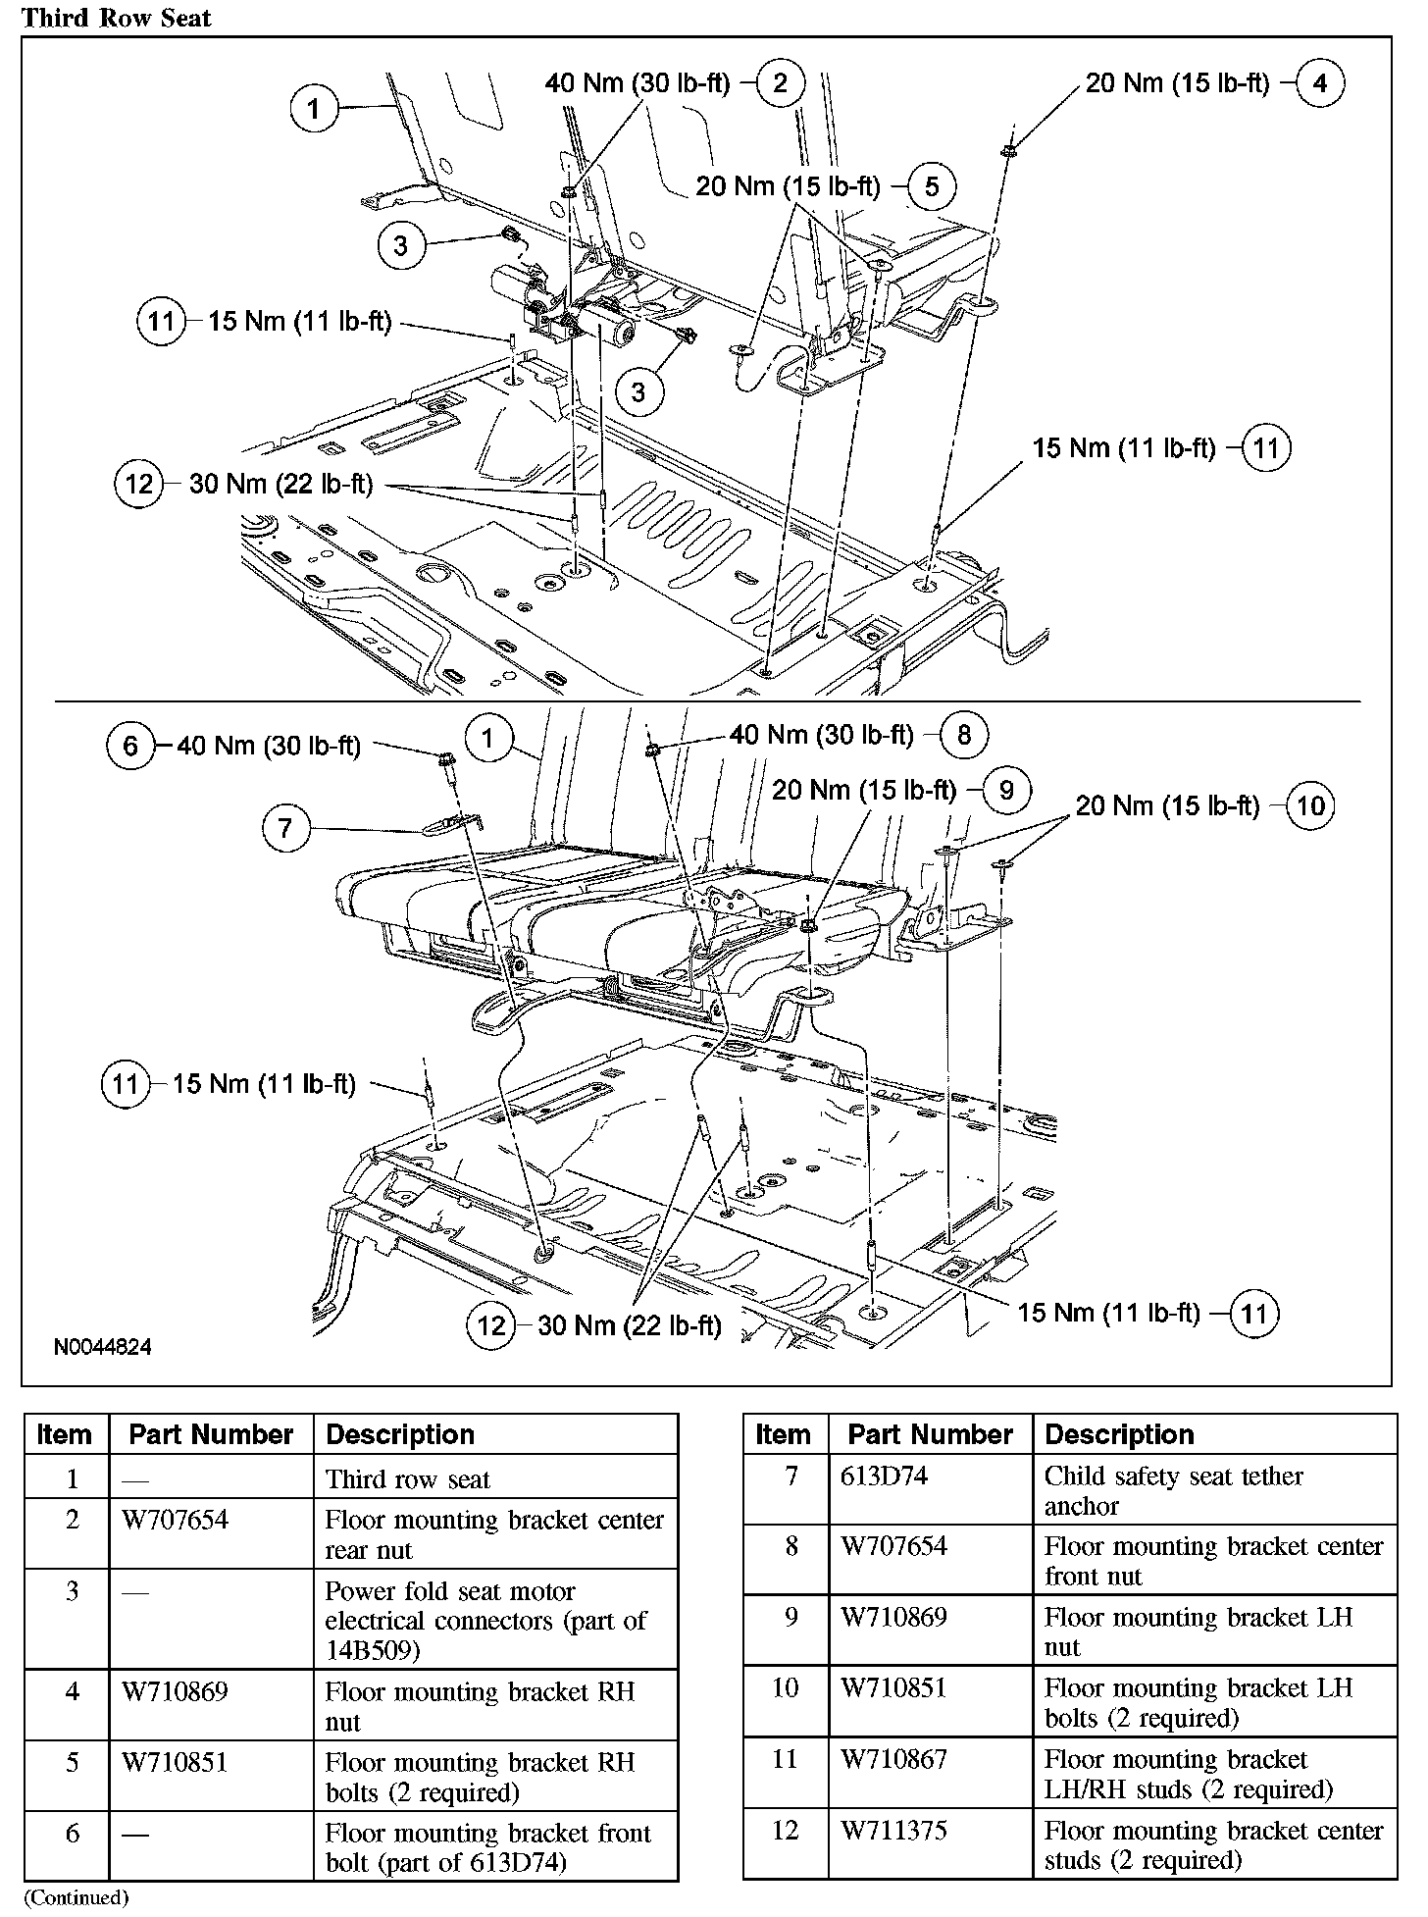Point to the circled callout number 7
(285, 828)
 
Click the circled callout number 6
(130, 747)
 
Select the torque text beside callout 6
(269, 747)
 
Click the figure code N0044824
(103, 1347)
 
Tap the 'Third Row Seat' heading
(117, 18)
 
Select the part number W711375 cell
(893, 1831)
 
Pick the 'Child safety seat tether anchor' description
(1173, 1490)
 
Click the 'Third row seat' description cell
(408, 1479)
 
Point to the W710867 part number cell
(893, 1759)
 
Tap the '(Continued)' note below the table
(76, 1897)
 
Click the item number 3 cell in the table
(72, 1590)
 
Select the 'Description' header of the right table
(1119, 1434)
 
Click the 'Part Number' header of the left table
(211, 1434)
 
